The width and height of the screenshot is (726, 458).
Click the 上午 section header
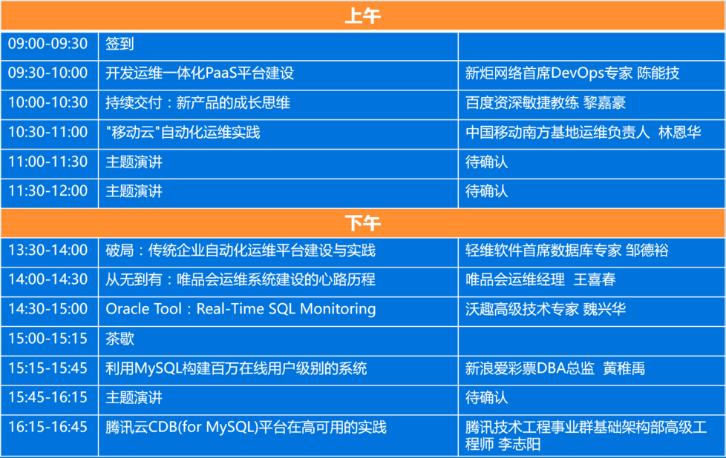362,16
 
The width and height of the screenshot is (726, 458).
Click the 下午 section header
362,223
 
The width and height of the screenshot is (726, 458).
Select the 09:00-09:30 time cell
48,44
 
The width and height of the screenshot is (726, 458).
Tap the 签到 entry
120,44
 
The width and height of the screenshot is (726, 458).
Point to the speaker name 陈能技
658,73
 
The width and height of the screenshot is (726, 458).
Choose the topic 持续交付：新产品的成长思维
197,102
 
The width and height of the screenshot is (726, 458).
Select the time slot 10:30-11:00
48,132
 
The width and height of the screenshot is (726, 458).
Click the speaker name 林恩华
679,132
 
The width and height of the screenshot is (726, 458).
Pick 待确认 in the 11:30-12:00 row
486,191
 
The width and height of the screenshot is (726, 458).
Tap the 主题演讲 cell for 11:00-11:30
134,162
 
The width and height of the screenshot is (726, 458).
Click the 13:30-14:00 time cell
48,250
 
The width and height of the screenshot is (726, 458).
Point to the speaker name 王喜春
595,279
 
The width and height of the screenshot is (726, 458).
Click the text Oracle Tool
143,309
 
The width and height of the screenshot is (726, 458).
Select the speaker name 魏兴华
604,309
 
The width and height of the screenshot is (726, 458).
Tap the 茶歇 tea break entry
120,339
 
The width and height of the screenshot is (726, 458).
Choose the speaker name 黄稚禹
624,368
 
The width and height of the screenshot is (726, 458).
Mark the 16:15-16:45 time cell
48,427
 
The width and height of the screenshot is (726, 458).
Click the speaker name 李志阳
519,444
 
